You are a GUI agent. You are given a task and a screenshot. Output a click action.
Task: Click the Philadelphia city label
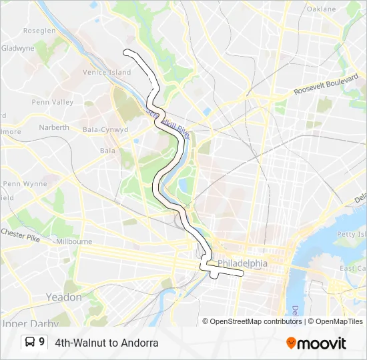tap(242, 263)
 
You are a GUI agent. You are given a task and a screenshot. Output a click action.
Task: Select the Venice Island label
tap(107, 72)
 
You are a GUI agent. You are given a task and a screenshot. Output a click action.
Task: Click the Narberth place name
tap(54, 127)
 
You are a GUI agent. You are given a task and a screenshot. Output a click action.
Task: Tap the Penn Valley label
tap(53, 102)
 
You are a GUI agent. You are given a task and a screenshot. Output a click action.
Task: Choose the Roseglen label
tap(39, 31)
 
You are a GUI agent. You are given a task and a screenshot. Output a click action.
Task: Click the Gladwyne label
tap(17, 48)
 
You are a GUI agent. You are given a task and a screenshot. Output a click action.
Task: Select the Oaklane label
tap(322, 9)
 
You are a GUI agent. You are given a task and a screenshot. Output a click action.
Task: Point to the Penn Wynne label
tap(25, 183)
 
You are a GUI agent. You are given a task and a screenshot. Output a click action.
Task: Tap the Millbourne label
tap(73, 241)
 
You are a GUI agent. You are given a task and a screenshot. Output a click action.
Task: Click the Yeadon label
tap(63, 297)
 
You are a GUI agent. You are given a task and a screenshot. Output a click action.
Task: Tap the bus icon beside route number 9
tap(30, 343)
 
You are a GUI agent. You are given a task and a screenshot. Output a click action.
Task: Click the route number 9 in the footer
tap(42, 343)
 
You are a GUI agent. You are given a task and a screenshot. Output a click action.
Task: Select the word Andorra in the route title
tap(140, 343)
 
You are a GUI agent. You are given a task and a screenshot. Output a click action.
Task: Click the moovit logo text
tap(322, 343)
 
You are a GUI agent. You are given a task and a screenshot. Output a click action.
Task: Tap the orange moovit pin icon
tap(291, 343)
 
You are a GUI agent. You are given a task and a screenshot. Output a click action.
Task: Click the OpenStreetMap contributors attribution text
tap(256, 321)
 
